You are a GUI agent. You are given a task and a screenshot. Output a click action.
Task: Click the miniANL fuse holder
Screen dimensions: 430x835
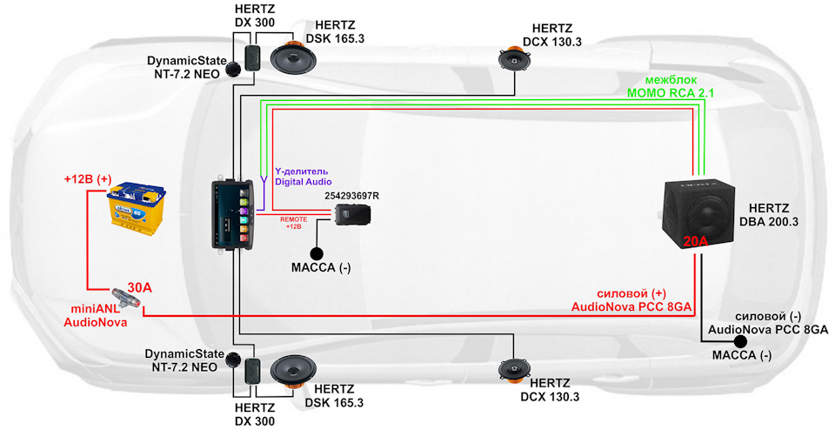(126, 299)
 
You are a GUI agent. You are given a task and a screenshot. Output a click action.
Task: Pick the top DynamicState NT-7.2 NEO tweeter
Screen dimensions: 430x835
(234, 69)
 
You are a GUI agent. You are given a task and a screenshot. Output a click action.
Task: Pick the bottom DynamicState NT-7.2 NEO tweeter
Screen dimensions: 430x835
(234, 359)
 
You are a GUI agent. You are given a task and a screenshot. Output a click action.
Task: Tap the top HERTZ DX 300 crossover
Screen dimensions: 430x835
(253, 58)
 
